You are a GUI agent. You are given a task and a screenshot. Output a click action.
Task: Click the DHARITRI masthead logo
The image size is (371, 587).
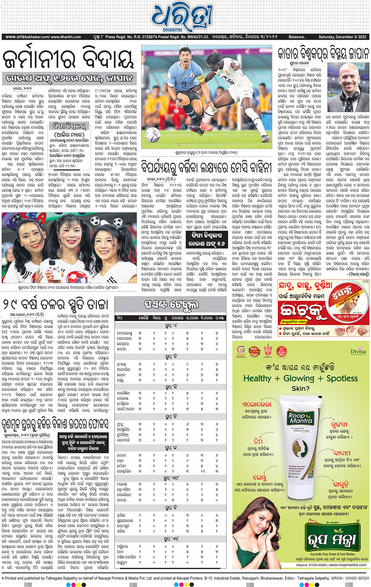(182, 17)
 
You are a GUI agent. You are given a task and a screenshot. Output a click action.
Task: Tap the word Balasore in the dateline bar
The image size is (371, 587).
(296, 37)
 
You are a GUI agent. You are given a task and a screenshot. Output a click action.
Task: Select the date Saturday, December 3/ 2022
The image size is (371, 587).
(342, 37)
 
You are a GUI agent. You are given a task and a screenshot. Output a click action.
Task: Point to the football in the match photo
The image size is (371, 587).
(152, 135)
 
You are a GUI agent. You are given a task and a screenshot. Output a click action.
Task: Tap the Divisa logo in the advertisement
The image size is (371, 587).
(358, 352)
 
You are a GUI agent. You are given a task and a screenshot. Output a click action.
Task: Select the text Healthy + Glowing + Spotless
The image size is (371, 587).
(301, 378)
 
